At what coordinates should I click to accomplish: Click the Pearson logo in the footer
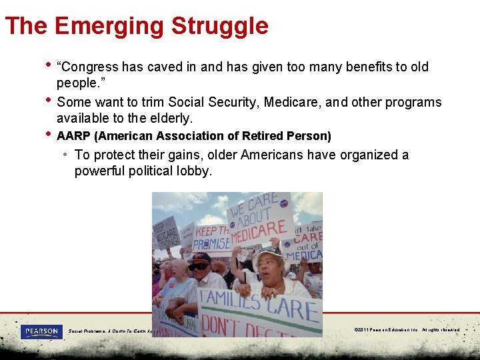pyautogui.click(x=41, y=331)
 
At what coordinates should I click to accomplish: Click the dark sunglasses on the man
pyautogui.click(x=198, y=266)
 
